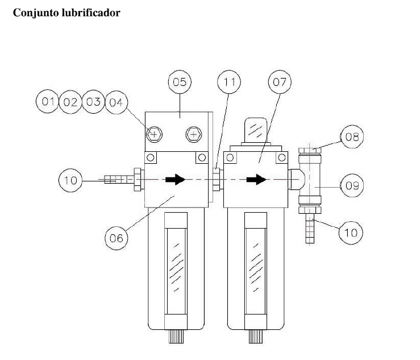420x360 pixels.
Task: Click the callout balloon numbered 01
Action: pos(47,101)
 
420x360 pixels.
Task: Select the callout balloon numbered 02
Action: pos(70,102)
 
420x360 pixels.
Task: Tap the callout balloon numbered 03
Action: pos(93,102)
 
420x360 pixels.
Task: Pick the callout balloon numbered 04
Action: pos(117,102)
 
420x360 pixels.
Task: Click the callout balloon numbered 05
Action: pos(180,82)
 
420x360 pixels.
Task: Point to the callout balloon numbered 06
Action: pos(117,238)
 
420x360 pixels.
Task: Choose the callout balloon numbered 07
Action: pos(280,82)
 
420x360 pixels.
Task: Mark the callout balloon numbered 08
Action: pos(352,136)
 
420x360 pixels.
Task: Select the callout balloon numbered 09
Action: pos(352,185)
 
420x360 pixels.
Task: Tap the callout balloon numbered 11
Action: pos(228,82)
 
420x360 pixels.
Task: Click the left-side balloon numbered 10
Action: pos(70,180)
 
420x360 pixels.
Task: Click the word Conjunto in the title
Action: pos(36,13)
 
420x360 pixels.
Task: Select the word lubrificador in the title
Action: pos(91,13)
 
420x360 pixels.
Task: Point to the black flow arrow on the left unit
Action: pos(175,179)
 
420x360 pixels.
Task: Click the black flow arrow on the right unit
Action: pos(256,179)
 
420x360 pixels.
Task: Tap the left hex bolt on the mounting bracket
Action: pos(154,134)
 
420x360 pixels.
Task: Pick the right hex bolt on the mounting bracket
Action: pos(194,134)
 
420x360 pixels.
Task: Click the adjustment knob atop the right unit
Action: pos(256,130)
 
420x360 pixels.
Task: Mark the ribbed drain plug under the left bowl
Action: pos(176,337)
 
